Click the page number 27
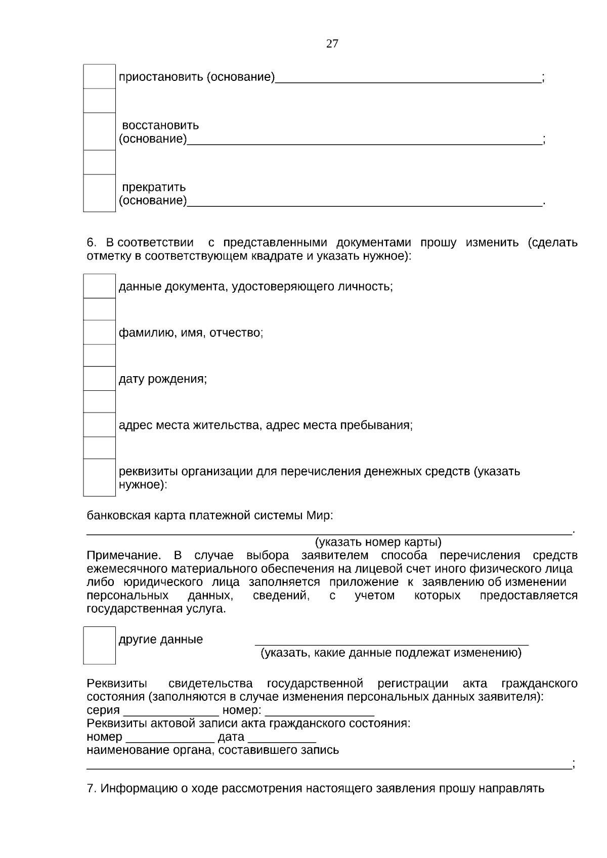[332, 43]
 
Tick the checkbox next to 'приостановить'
[99, 77]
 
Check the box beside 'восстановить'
[99, 131]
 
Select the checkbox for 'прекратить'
[99, 193]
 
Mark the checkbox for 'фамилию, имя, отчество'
[99, 333]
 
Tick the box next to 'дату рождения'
[99, 379]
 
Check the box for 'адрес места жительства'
[99, 425]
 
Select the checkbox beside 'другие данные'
[99, 645]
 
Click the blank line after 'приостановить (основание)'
[408, 78]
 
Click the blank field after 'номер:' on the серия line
[320, 711]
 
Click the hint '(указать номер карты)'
[378, 543]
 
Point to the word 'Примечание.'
[123, 556]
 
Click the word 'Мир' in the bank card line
[318, 516]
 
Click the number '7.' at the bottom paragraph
[91, 788]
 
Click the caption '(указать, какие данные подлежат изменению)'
[391, 653]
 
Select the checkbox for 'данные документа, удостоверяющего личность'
[99, 286]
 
